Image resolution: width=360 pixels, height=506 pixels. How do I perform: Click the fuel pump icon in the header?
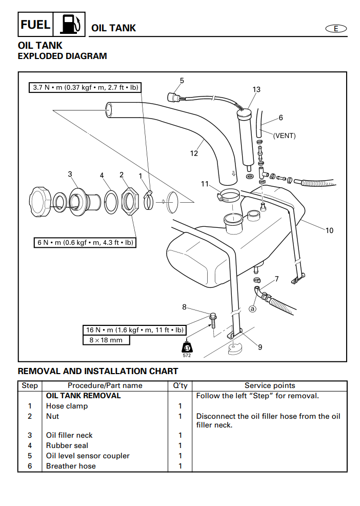tap(70, 25)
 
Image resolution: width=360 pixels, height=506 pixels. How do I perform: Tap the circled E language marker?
tap(336, 29)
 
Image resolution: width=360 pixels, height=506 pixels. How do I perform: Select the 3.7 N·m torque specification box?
tap(85, 88)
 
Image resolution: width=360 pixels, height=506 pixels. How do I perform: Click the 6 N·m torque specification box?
tap(86, 243)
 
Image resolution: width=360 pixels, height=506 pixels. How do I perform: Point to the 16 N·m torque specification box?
tap(134, 329)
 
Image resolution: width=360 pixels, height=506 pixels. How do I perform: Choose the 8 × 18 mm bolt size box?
tap(106, 340)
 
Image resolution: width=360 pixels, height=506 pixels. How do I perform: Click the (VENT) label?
tap(284, 136)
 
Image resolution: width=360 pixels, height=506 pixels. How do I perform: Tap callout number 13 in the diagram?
tap(256, 90)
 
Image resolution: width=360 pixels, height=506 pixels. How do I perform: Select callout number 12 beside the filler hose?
tap(194, 153)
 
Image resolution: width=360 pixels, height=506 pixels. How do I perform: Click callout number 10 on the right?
tap(329, 230)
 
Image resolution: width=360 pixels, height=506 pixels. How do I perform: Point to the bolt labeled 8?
tap(213, 319)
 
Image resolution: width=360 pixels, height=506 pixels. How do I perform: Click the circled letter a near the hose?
tap(252, 309)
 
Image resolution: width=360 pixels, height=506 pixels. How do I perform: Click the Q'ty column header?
tap(179, 385)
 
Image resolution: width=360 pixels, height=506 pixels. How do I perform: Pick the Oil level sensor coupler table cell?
tap(88, 456)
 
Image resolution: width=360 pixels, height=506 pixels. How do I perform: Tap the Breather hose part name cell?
tap(71, 466)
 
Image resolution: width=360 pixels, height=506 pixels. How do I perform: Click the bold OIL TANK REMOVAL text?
tap(83, 396)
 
